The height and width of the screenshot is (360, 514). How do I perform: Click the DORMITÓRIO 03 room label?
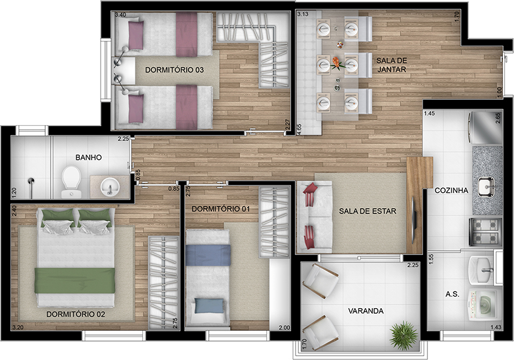point(175,70)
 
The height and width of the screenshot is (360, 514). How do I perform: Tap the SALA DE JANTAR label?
point(391,65)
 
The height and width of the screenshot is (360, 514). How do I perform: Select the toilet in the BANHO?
point(71,182)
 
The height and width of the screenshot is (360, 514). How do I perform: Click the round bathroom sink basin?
point(110,187)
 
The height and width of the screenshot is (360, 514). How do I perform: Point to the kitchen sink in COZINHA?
point(486,187)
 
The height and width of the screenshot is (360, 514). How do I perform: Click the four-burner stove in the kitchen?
point(485,232)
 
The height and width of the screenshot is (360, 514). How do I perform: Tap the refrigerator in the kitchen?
point(485,128)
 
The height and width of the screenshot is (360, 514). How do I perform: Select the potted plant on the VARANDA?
point(404,336)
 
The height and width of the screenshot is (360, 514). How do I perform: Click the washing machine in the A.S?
point(484,306)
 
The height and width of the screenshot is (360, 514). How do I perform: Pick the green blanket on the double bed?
point(74,281)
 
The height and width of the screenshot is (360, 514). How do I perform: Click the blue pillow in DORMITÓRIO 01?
point(209,306)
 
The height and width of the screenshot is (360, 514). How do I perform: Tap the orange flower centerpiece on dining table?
point(336,62)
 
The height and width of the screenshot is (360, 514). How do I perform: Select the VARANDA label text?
point(366,311)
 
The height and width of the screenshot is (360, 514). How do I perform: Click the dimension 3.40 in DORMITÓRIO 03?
point(120,15)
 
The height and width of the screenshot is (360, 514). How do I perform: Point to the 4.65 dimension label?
point(299,129)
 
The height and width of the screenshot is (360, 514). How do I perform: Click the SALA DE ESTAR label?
point(367,211)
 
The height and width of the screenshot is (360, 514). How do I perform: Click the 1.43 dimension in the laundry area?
point(496,327)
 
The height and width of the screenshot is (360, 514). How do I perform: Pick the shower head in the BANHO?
point(31,181)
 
